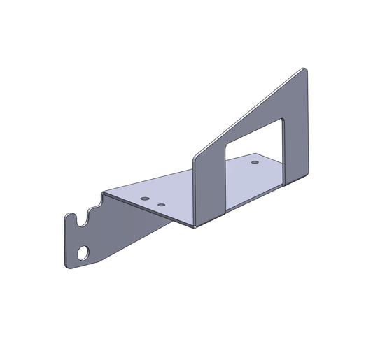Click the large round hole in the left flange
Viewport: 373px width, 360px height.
click(83, 252)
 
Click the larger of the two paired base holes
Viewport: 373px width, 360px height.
click(144, 199)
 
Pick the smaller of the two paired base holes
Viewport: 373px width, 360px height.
click(161, 205)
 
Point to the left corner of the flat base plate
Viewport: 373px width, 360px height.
click(104, 192)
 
